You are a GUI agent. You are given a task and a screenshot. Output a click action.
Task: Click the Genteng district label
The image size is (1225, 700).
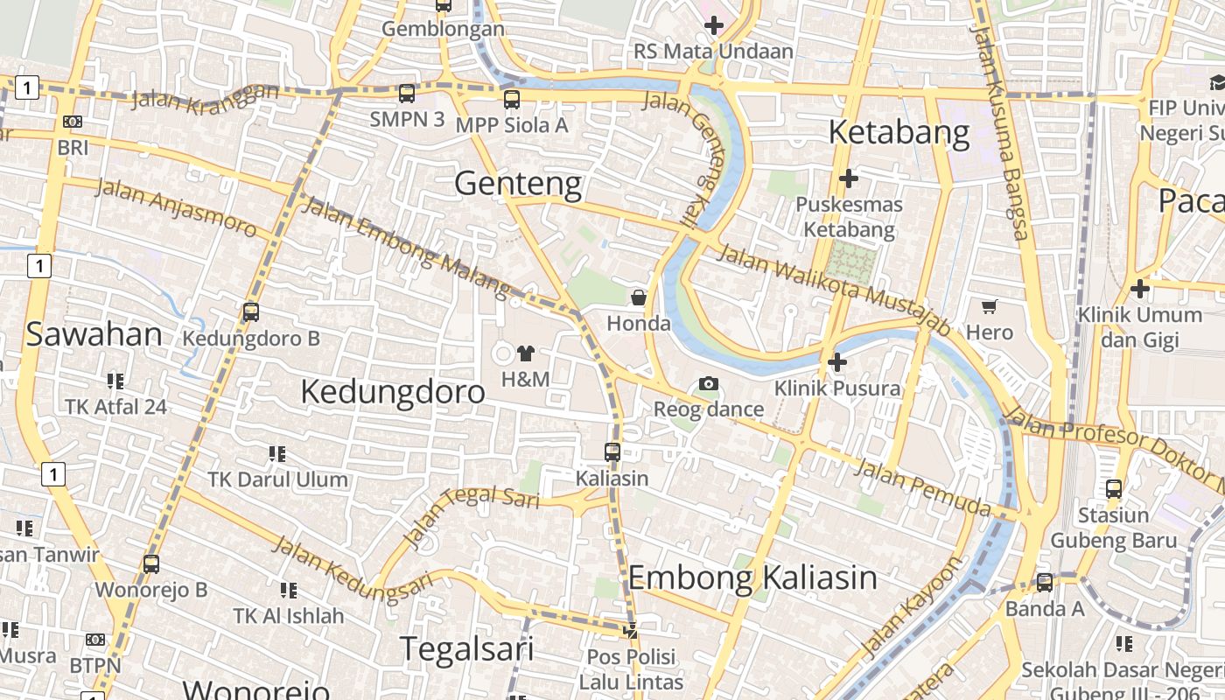click(518, 184)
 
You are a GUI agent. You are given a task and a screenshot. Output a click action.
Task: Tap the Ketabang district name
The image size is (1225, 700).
click(899, 133)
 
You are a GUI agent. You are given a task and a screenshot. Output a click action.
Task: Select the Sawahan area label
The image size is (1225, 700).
click(94, 334)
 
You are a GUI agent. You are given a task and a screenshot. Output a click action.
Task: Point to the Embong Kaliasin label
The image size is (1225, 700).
click(752, 577)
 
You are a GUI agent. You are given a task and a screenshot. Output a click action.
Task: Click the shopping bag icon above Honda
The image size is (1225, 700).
click(639, 297)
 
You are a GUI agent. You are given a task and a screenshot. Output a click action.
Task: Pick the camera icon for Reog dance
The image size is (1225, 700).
click(709, 383)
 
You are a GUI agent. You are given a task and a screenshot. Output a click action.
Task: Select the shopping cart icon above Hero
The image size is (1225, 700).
click(990, 306)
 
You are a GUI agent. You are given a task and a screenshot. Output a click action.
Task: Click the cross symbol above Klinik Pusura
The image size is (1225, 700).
click(837, 361)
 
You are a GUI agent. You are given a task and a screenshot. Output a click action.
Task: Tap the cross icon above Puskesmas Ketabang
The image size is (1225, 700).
click(848, 178)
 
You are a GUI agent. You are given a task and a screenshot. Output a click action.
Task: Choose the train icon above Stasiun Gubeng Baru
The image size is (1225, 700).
click(1114, 488)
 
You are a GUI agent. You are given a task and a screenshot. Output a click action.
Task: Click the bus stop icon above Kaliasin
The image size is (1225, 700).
click(612, 452)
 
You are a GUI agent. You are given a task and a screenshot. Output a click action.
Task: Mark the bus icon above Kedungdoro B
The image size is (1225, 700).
click(251, 311)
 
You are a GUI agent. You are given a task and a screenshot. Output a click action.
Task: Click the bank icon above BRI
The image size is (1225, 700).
click(73, 122)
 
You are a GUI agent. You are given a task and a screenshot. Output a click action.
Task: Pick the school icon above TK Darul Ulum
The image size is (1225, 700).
click(277, 453)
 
